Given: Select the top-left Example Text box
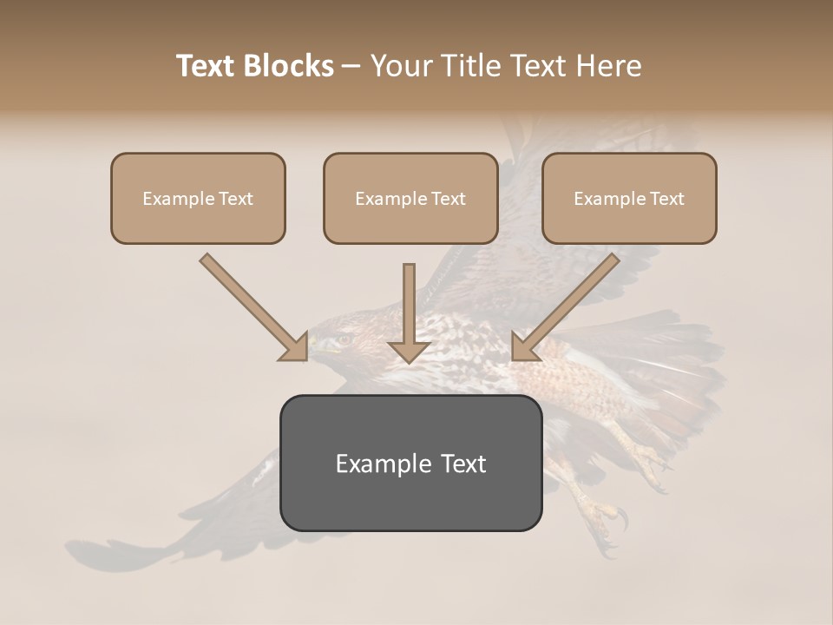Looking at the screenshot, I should [198, 199].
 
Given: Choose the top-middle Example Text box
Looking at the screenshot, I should [410, 199].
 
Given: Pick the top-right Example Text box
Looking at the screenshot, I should [629, 199].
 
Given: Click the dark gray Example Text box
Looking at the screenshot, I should [410, 464].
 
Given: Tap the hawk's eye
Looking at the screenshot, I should [343, 339].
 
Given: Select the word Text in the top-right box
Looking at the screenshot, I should [667, 199].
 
